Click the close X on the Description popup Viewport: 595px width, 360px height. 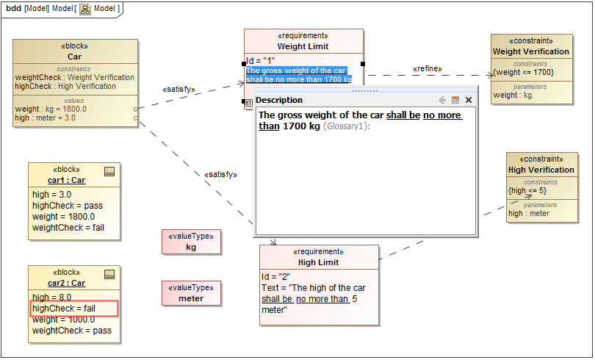click(x=469, y=100)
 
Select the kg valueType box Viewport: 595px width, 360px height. click(x=191, y=247)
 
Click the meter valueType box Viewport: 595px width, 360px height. click(x=191, y=298)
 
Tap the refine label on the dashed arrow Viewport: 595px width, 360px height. click(x=427, y=68)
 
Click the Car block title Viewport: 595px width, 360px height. click(x=74, y=57)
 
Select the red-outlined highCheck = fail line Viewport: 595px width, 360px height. click(x=73, y=309)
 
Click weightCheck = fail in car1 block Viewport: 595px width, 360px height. click(x=68, y=228)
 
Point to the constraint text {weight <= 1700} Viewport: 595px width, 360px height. click(x=523, y=72)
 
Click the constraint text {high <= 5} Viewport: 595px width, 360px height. click(x=527, y=190)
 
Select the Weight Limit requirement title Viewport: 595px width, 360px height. click(x=303, y=46)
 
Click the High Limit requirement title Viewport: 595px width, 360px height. click(x=318, y=262)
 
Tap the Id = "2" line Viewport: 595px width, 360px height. click(x=276, y=277)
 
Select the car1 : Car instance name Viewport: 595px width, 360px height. click(x=66, y=180)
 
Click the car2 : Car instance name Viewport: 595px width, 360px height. click(x=66, y=283)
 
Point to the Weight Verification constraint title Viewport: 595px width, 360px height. click(x=530, y=51)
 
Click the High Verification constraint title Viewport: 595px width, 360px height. click(x=541, y=170)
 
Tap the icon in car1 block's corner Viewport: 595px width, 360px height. click(x=109, y=171)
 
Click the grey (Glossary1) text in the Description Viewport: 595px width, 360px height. click(x=347, y=126)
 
